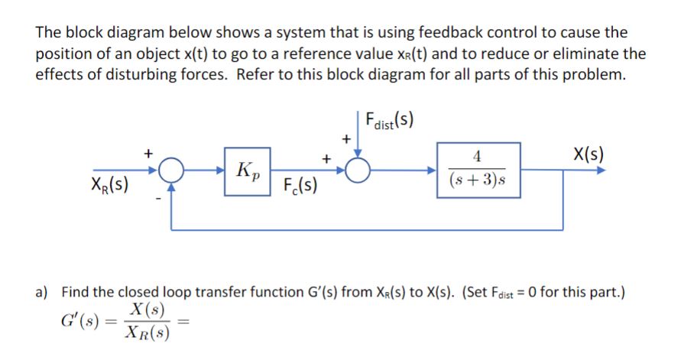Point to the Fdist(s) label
click(x=390, y=123)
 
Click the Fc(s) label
click(x=300, y=185)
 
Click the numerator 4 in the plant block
click(x=478, y=158)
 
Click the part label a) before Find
click(x=43, y=291)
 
